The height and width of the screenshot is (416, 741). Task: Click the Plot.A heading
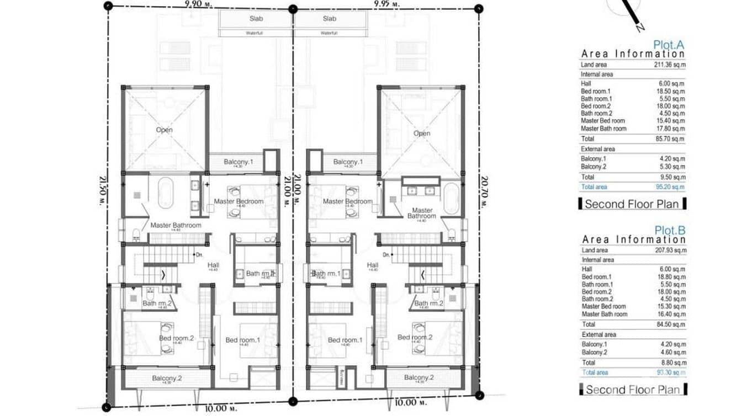(x=669, y=45)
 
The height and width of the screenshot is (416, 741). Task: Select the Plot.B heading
(x=669, y=230)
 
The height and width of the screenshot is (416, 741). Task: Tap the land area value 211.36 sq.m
(x=669, y=65)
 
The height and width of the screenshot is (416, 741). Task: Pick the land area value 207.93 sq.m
(x=669, y=250)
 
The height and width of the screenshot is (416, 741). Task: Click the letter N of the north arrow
(x=638, y=26)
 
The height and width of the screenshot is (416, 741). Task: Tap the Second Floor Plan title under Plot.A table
(x=632, y=204)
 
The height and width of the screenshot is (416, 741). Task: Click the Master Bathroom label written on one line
(x=176, y=225)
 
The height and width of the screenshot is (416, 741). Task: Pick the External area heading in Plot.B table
(x=598, y=334)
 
